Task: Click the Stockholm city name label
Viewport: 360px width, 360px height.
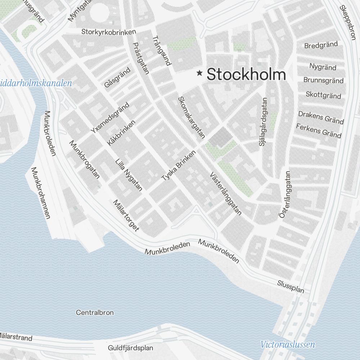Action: click(246, 75)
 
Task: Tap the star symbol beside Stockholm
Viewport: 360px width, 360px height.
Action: click(199, 73)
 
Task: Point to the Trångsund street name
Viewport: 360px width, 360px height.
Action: click(161, 50)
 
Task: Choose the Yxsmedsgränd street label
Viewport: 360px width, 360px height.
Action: click(110, 117)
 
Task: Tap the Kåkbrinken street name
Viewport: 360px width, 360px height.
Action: click(121, 133)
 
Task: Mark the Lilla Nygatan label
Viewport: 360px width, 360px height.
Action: click(129, 174)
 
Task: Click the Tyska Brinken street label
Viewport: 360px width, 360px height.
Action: click(179, 166)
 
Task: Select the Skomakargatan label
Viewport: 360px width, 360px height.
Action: click(191, 117)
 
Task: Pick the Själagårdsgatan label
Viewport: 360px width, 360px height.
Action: click(263, 122)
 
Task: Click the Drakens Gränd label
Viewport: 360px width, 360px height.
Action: click(321, 117)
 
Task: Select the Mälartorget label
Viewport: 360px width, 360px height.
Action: click(126, 216)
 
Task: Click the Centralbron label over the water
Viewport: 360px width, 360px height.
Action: click(95, 312)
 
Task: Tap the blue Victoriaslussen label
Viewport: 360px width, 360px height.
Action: click(288, 345)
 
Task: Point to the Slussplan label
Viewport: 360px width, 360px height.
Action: click(291, 287)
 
